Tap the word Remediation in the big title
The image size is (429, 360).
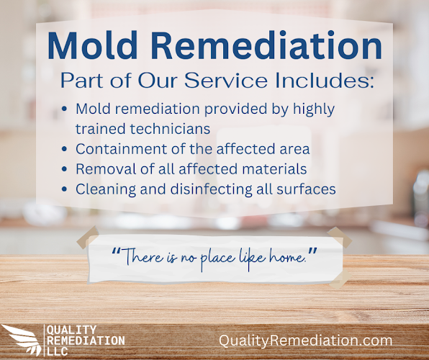[274, 45]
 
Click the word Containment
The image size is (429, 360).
[114, 149]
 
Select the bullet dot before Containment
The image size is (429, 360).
[66, 150]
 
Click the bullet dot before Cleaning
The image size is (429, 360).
[66, 190]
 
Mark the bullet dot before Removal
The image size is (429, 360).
[66, 170]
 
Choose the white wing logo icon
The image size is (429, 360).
[22, 339]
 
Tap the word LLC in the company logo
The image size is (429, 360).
[58, 350]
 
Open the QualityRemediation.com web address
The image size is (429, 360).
[306, 340]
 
